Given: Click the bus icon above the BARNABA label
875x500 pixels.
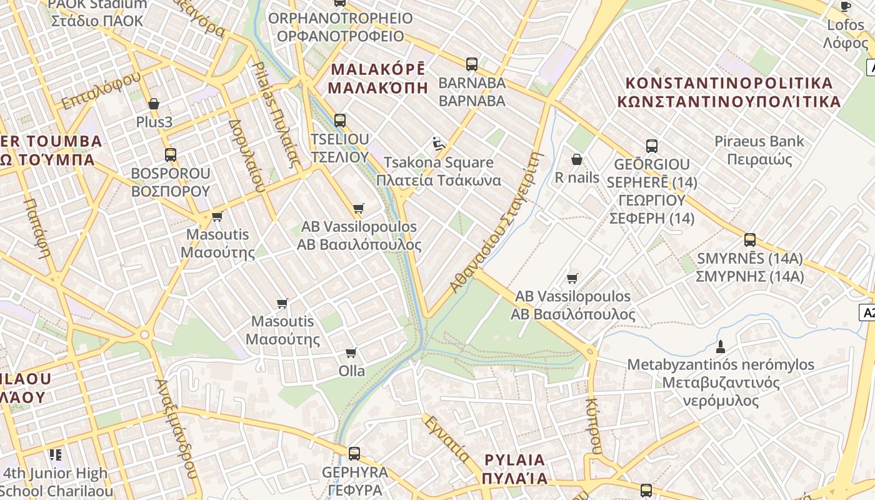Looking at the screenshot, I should pos(472,64).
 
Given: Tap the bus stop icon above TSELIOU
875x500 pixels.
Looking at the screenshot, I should pos(340,120).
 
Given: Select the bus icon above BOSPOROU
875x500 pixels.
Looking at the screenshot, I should pos(170,154).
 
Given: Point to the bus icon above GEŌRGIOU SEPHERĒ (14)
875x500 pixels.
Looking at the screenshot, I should pos(652,146).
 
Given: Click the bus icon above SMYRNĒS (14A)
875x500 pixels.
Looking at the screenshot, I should pos(750,240).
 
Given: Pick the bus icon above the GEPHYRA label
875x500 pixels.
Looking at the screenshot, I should pos(354,453).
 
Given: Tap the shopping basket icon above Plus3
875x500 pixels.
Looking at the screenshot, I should pos(154,104).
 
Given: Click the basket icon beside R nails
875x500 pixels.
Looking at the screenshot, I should pos(577,160).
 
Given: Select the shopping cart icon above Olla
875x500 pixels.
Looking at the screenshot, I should pos(351,353).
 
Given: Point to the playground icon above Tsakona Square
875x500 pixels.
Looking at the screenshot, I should pos(439,144).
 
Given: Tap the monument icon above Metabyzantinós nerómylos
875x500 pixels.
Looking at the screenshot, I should pos(721,346).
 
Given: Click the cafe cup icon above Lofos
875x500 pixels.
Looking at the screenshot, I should pos(846,7).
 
